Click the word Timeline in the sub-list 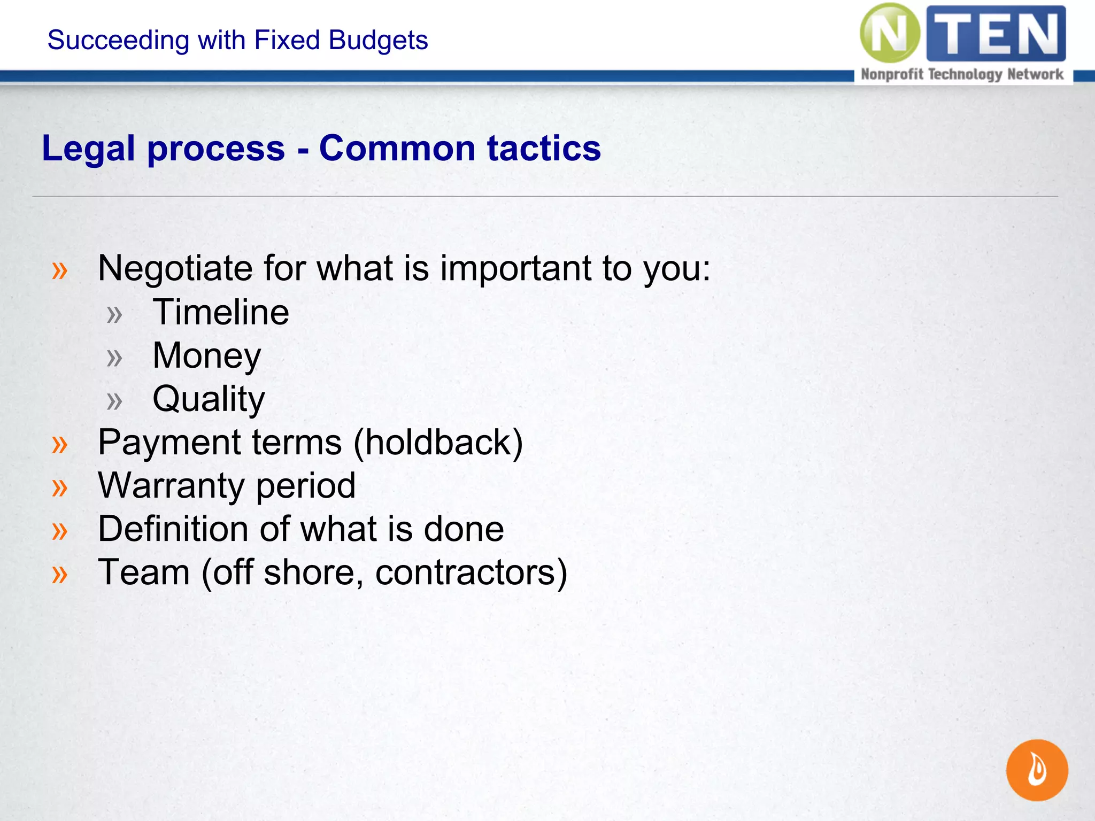pos(221,312)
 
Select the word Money pos(207,356)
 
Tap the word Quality pos(209,399)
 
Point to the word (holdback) pos(438,443)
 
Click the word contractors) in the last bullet pos(471,572)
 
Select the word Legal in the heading pos(88,148)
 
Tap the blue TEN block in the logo pos(996,33)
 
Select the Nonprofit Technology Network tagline pos(962,74)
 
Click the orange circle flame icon pos(1037,770)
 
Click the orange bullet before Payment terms pos(60,444)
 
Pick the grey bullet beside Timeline pos(114,314)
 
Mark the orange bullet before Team pos(60,574)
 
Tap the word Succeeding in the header pos(118,40)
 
